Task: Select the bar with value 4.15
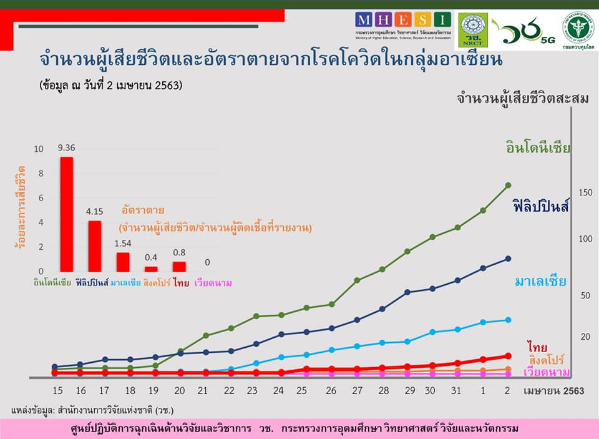[x=94, y=246]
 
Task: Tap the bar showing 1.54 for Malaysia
[x=123, y=262]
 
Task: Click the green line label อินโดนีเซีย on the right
[x=538, y=148]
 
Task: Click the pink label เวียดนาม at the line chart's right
[x=547, y=372]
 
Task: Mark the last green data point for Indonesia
[x=508, y=185]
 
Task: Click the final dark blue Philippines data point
[x=508, y=259]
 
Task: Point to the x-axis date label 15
[x=57, y=391]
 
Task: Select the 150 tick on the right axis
[x=584, y=192]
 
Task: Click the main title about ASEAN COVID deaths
[x=271, y=60]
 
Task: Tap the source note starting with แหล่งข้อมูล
[x=92, y=410]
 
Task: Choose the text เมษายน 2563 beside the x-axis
[x=554, y=391]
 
